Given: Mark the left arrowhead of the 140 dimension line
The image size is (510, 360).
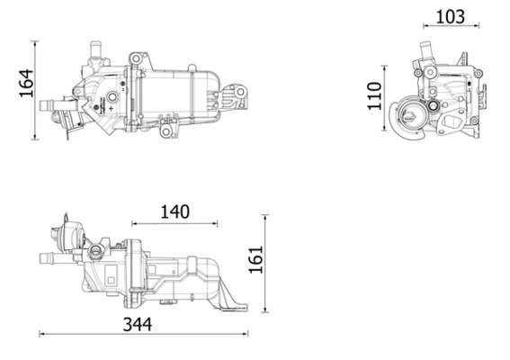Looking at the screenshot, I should click(x=134, y=223).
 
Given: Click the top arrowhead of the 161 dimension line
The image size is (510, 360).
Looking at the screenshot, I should click(x=264, y=218).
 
